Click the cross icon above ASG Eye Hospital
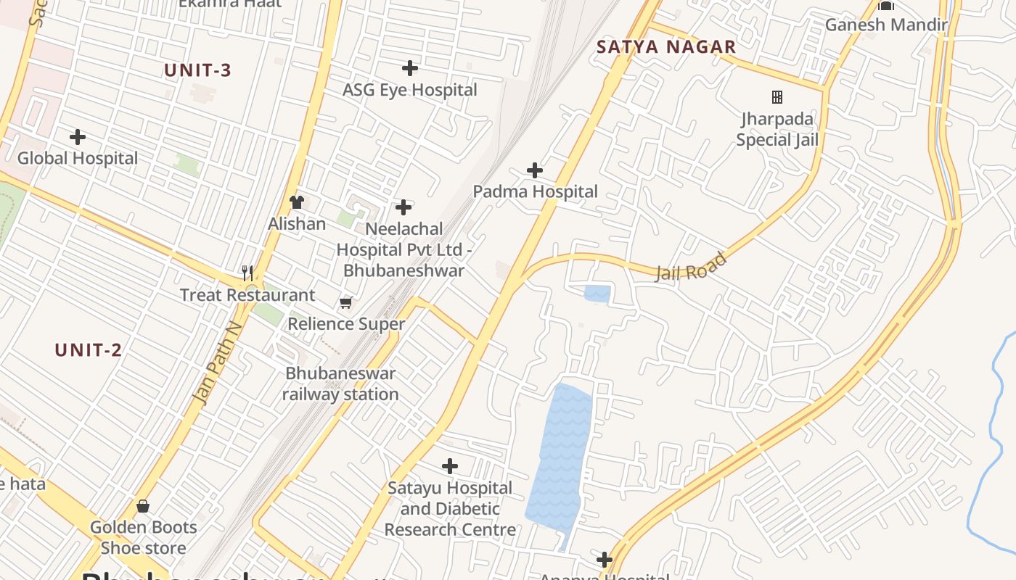tap(410, 68)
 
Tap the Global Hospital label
tap(78, 158)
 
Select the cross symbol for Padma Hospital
tap(535, 170)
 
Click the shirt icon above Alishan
tap(296, 202)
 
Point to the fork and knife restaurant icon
tap(248, 273)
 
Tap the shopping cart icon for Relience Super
tap(346, 302)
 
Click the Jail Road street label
tap(691, 267)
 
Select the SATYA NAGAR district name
tap(666, 47)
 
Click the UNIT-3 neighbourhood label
tap(197, 70)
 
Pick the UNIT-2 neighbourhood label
tap(89, 350)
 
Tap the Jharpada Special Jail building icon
tap(777, 96)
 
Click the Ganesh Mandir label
tap(886, 25)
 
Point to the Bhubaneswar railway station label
tap(340, 384)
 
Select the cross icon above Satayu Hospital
tap(450, 465)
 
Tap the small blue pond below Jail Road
tap(597, 294)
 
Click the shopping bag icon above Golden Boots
tap(143, 506)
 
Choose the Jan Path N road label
tap(216, 363)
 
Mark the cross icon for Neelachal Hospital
tap(403, 208)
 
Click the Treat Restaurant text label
tap(247, 295)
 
